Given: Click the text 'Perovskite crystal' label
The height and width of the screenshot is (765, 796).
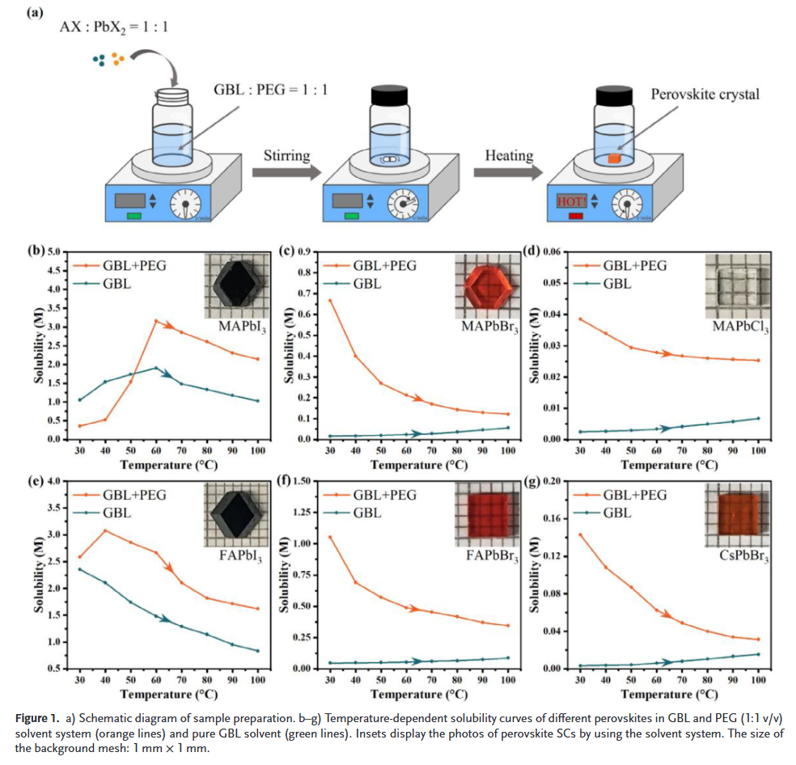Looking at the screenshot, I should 705,95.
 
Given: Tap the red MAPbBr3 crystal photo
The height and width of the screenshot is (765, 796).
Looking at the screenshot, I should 485,286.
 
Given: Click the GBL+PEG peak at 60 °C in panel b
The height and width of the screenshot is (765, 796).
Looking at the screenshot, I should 155,321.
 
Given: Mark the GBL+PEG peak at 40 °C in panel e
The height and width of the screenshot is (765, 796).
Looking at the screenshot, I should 104,530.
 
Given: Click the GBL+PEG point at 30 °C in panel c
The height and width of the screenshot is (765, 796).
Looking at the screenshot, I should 330,301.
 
